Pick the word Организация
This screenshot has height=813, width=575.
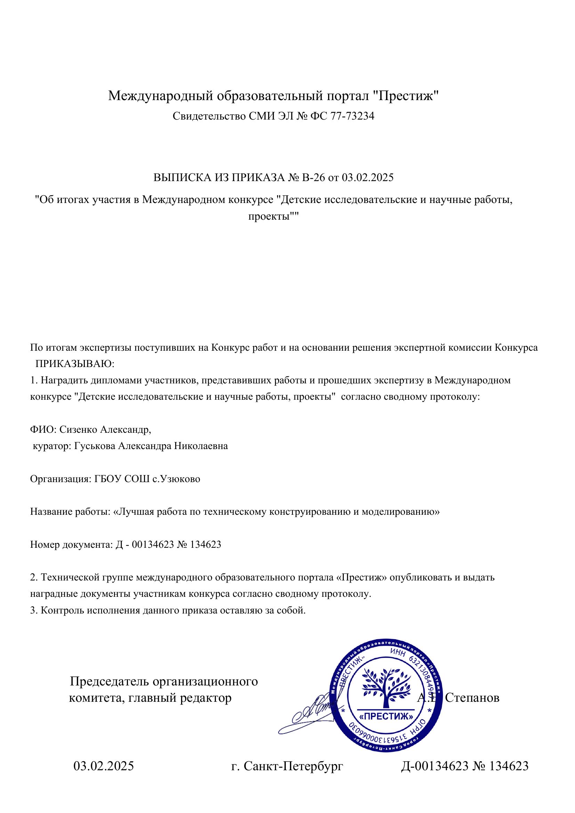(x=60, y=479)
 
